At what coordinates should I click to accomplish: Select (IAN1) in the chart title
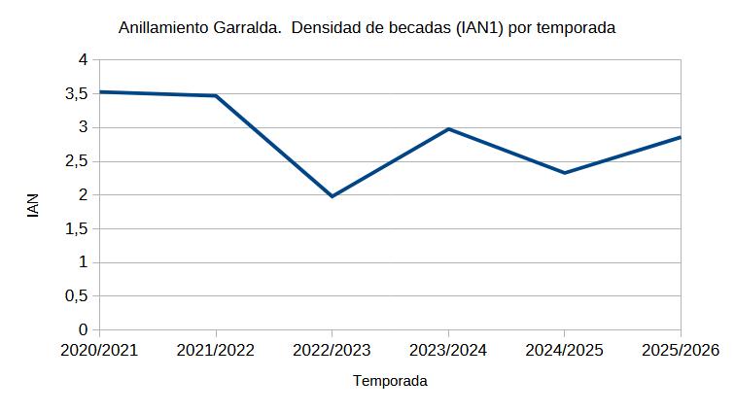[479, 27]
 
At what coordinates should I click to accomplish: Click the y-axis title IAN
[33, 205]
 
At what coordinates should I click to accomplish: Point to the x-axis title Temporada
[390, 381]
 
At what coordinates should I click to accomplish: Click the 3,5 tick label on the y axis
[77, 93]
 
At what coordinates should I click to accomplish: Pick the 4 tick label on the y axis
[84, 59]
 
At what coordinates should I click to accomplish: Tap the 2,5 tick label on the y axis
[77, 161]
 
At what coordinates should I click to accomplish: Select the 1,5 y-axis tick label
[77, 228]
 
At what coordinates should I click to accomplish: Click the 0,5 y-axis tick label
[77, 295]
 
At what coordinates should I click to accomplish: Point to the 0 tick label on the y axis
[84, 329]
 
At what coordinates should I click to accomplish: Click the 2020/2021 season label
[99, 350]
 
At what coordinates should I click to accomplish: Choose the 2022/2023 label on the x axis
[332, 350]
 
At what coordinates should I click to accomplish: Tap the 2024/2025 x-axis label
[564, 350]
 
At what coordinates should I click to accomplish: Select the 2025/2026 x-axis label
[681, 350]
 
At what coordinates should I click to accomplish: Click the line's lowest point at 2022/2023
[332, 196]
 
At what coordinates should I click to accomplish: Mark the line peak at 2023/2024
[448, 129]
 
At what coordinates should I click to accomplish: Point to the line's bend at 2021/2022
[216, 95]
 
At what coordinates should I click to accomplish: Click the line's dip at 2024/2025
[564, 173]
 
